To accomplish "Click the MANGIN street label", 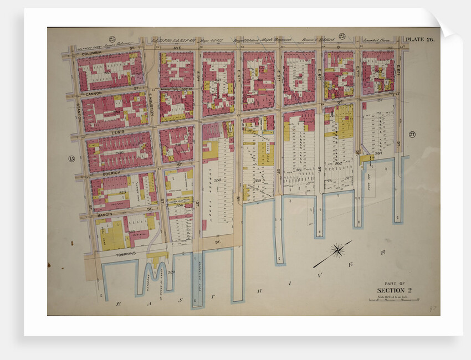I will click(105, 213).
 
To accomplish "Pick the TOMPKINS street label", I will click(126, 254).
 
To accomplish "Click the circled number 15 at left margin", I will click(71, 160).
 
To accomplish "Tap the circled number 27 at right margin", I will click(412, 135).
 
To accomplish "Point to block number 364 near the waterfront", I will click(378, 153).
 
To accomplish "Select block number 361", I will click(298, 170).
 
